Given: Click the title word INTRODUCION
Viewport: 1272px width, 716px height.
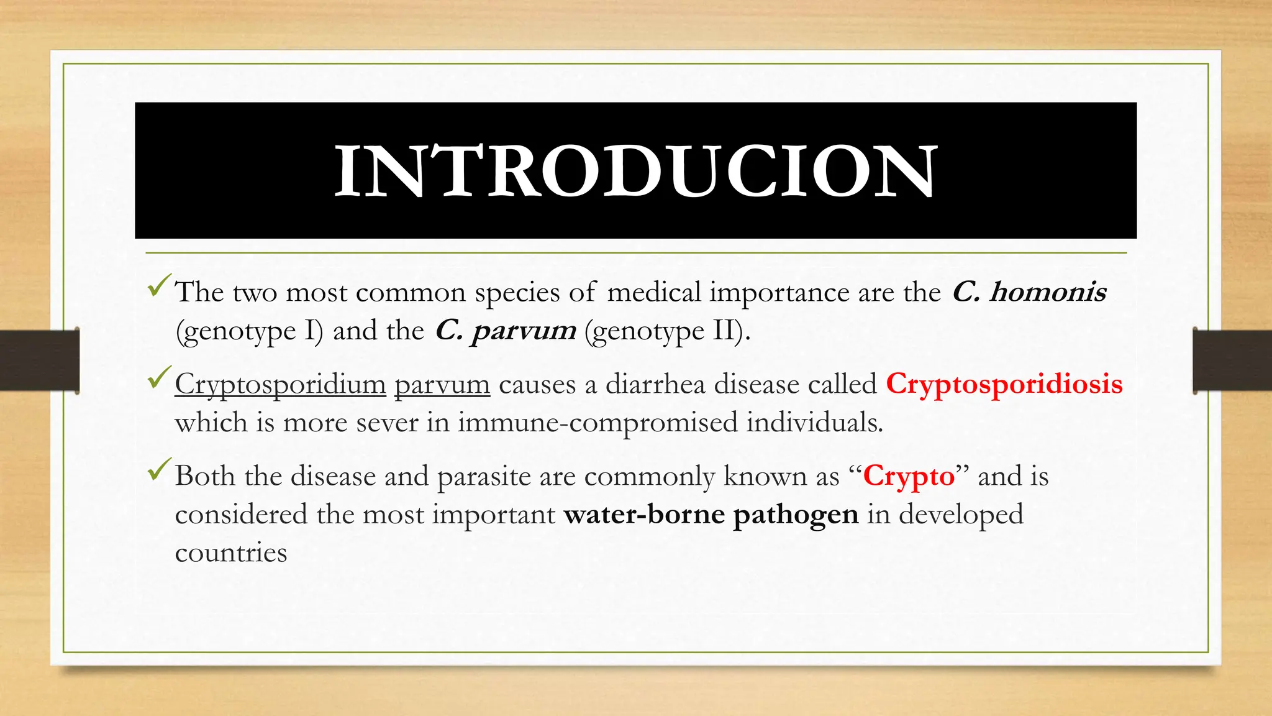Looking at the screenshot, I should point(635,171).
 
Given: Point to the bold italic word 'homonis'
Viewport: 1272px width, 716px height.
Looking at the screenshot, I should point(1048,292).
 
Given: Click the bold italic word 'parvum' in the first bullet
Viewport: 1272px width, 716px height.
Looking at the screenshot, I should point(524,331).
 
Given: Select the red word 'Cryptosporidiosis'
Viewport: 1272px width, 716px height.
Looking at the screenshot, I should point(1004,384).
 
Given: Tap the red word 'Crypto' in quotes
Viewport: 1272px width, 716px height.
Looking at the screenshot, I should point(908,477).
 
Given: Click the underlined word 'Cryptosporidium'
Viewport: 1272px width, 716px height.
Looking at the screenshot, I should point(280,385).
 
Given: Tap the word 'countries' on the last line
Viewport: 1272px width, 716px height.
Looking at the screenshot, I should point(231,553).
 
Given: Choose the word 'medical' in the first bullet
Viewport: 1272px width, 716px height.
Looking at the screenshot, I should point(654,292).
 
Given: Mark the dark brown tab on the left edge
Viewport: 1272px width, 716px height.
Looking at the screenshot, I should point(39,360).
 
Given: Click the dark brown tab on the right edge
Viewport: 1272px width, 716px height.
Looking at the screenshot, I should point(1232,360).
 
